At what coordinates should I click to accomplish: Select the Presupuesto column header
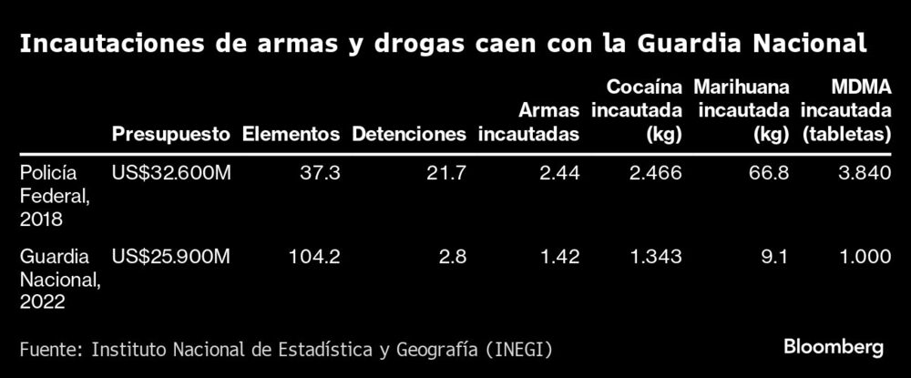pos(170,134)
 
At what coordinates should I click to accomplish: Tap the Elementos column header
pos(291,134)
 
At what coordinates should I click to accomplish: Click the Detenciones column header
pos(409,134)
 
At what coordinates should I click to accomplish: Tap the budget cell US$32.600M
pos(170,173)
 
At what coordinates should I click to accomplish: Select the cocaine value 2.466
pos(655,173)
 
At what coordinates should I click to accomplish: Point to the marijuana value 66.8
pos(769,173)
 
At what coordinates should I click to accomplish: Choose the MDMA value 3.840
pos(864,173)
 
